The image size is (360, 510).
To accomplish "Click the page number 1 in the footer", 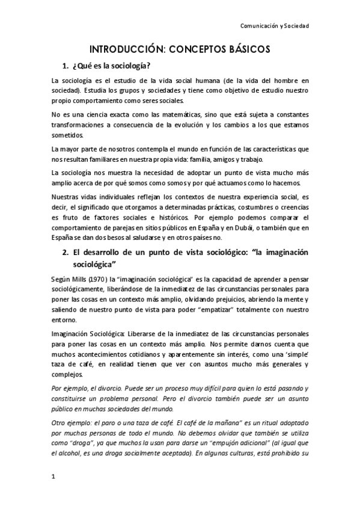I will [53, 478].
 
